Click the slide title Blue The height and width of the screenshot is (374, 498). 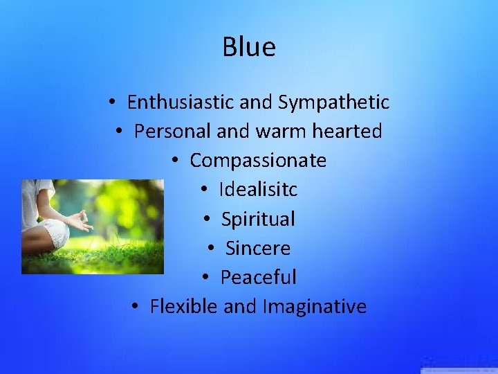(249, 47)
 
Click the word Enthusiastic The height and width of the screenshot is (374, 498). (181, 103)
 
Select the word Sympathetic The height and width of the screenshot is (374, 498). (333, 103)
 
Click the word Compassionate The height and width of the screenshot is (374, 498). (258, 161)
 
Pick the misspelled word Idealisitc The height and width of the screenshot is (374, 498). (258, 190)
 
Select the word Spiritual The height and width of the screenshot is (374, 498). (258, 220)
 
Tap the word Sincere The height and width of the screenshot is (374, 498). (258, 248)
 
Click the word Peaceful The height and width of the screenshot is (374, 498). (258, 278)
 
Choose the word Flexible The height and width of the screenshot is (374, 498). (184, 306)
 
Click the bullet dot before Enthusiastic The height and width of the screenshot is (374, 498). (111, 103)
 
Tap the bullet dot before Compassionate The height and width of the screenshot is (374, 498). (175, 161)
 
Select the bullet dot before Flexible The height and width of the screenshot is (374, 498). (135, 307)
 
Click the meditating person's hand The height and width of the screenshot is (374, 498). (82, 222)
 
